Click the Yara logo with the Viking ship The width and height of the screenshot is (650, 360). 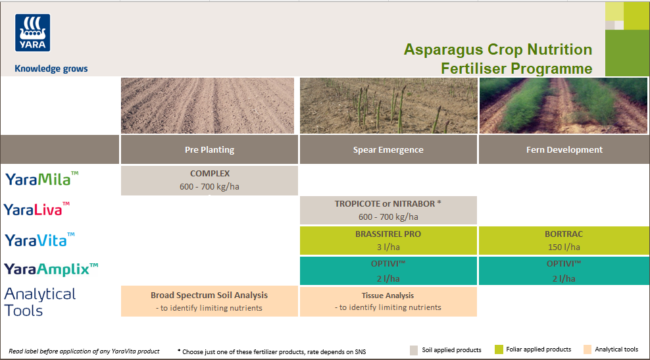(x=32, y=33)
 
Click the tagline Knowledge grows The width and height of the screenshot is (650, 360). (x=51, y=68)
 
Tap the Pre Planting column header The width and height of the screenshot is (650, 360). (x=209, y=149)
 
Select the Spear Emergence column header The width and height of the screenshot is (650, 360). (x=388, y=149)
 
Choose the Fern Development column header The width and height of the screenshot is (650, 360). (x=564, y=149)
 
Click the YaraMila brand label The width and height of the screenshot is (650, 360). (x=42, y=178)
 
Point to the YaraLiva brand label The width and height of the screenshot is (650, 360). (x=37, y=209)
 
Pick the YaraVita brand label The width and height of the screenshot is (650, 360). (x=39, y=240)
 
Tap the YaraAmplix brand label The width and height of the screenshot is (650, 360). (x=51, y=269)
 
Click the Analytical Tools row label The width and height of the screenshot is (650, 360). (x=40, y=301)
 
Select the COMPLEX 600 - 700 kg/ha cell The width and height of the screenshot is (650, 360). (x=209, y=180)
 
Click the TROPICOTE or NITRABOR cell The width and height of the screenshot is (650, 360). (x=388, y=210)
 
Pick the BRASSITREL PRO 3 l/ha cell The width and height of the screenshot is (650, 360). (x=388, y=240)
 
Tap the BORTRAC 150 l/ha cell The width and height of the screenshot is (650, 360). (x=564, y=240)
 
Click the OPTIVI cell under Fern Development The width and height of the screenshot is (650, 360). (x=564, y=270)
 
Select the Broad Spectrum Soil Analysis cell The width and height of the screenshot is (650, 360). (x=209, y=301)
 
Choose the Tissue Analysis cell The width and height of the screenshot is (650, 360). (x=388, y=301)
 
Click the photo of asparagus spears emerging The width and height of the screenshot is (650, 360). (x=388, y=105)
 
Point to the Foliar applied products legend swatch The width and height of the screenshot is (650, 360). (x=499, y=349)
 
